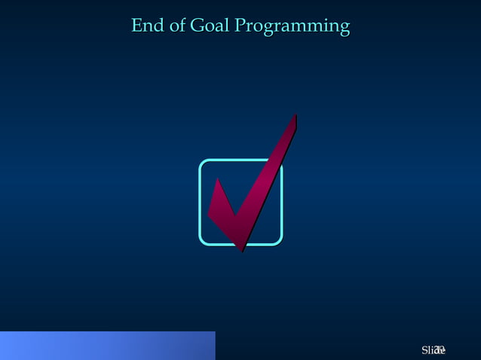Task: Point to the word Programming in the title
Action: point(293,28)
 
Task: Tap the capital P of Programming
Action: point(240,26)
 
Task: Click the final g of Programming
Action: point(344,29)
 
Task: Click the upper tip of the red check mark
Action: point(293,117)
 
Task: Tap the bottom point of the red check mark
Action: point(242,249)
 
